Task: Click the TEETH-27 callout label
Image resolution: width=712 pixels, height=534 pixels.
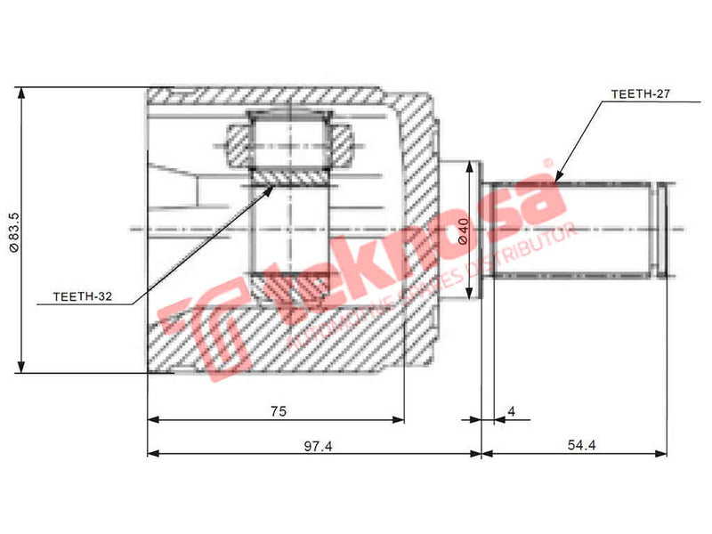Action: (640, 93)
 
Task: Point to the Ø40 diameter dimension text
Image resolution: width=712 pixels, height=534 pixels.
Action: (463, 231)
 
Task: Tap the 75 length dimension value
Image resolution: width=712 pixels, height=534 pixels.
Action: (278, 410)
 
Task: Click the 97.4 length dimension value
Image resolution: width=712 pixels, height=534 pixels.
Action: (317, 445)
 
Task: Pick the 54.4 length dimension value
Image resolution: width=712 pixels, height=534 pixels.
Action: (579, 445)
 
